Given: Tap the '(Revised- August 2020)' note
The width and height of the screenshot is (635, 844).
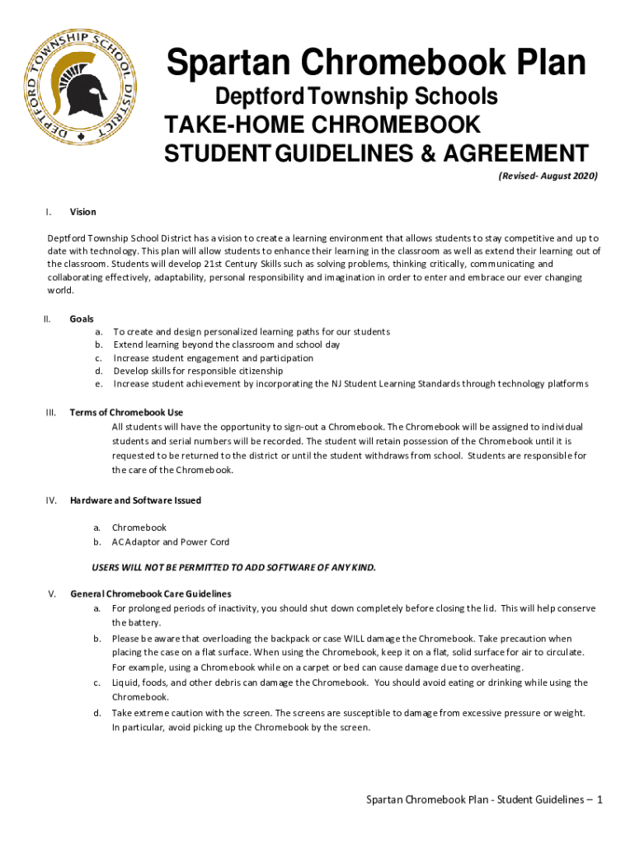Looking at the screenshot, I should pyautogui.click(x=548, y=176).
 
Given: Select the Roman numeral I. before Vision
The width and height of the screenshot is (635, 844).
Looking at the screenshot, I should pyautogui.click(x=50, y=212).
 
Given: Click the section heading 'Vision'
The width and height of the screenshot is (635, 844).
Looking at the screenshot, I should pyautogui.click(x=83, y=212).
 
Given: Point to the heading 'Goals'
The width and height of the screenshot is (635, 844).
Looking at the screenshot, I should pyautogui.click(x=82, y=318).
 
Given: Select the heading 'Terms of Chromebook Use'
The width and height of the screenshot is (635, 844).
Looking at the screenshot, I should pyautogui.click(x=126, y=412).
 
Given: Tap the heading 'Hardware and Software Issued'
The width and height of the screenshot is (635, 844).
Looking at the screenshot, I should pyautogui.click(x=135, y=500).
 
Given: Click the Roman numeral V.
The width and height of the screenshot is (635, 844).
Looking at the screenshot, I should pyautogui.click(x=52, y=593).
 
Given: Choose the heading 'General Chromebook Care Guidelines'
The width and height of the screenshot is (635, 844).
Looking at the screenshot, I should pyautogui.click(x=151, y=593).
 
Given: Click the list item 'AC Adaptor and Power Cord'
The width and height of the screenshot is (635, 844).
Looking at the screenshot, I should pyautogui.click(x=171, y=542).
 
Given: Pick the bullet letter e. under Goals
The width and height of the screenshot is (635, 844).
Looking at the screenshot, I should pyautogui.click(x=98, y=384).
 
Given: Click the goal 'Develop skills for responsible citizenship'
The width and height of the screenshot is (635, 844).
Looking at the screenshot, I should pyautogui.click(x=198, y=371).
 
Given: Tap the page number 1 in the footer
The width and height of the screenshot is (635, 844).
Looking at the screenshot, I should pyautogui.click(x=600, y=799).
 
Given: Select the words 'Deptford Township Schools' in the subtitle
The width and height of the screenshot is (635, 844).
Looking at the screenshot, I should pyautogui.click(x=356, y=97).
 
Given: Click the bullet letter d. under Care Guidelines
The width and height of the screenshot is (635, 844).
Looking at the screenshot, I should pyautogui.click(x=98, y=713).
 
